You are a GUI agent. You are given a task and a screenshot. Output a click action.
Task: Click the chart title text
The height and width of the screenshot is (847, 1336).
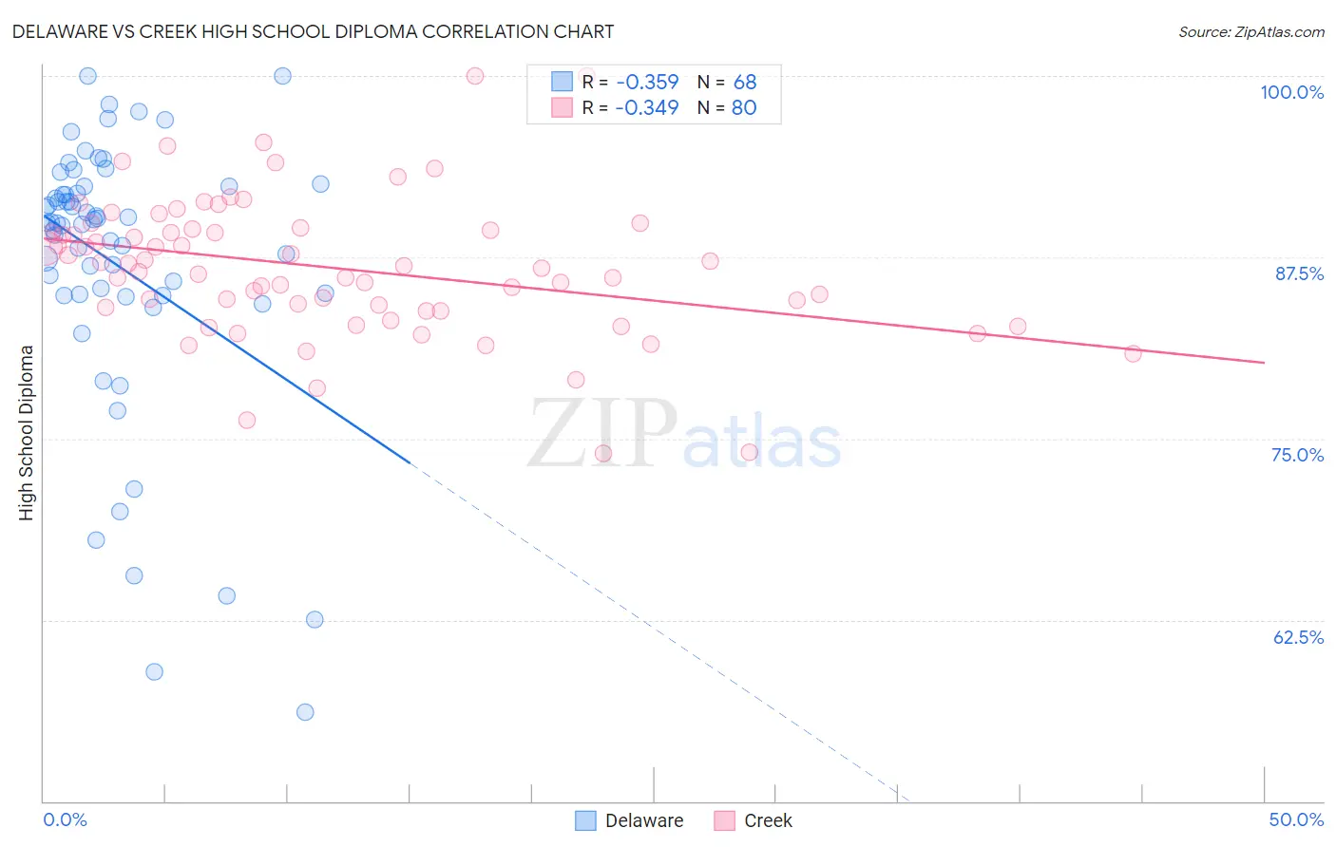coord(314,31)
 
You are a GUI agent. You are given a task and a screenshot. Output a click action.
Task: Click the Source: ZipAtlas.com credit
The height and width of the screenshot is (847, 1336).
coord(1250,32)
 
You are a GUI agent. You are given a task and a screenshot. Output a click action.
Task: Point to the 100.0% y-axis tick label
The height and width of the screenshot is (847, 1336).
coord(1291,92)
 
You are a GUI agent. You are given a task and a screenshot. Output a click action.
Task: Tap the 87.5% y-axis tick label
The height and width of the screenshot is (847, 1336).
coord(1299,273)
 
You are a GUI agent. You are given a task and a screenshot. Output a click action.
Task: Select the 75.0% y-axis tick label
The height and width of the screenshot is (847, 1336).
coord(1297,455)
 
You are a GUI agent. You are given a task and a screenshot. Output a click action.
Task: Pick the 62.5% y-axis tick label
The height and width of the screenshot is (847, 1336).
coord(1298,637)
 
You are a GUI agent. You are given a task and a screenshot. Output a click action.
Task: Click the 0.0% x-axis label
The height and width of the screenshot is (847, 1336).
coord(65,819)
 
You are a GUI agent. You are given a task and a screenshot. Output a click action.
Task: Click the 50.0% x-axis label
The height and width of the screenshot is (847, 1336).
coord(1295,819)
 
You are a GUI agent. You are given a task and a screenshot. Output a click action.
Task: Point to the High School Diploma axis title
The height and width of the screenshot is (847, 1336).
coord(27,432)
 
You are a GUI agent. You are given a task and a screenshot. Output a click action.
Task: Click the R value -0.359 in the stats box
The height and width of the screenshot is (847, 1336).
coord(646,83)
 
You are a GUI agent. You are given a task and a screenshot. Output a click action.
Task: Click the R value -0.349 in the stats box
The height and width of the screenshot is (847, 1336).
coord(646,108)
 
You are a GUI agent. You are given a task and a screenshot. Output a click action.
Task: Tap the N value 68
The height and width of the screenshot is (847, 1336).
coord(744,83)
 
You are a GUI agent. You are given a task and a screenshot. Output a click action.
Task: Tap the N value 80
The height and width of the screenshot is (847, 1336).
coord(744,108)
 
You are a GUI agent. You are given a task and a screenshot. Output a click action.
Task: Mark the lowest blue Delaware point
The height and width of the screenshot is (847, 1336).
coord(305,712)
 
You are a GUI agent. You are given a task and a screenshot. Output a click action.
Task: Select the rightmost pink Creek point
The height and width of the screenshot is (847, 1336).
coord(1133,353)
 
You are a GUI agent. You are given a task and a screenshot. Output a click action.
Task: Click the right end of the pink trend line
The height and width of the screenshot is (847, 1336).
coord(1264,363)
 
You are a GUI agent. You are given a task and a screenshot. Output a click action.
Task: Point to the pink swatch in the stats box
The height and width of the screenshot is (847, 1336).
coord(563,107)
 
